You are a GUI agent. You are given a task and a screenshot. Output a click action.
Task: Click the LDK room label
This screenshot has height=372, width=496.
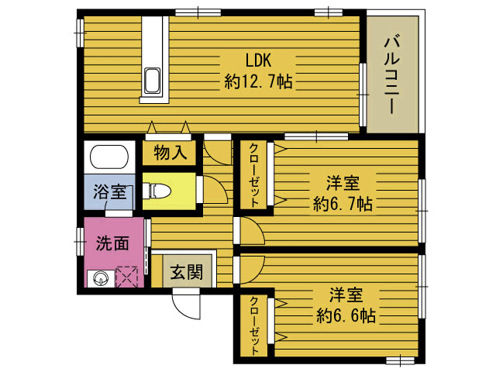[x=258, y=60]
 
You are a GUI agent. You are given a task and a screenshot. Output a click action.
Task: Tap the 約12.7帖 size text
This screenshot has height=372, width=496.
[x=258, y=81]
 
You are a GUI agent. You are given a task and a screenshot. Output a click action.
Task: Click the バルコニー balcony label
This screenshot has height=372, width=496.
[x=392, y=75]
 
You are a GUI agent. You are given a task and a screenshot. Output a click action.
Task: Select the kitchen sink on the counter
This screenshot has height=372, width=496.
[x=152, y=81]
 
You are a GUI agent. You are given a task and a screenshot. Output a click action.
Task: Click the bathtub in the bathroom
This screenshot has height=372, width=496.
[x=109, y=157]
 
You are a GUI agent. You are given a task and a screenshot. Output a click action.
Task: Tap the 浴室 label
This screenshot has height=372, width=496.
[x=110, y=191]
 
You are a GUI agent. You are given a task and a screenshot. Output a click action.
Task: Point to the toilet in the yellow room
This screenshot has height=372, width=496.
[x=157, y=191]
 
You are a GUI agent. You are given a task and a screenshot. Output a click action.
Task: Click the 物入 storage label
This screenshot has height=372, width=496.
[x=170, y=153]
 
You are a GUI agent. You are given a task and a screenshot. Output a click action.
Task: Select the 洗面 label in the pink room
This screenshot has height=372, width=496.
[x=112, y=243]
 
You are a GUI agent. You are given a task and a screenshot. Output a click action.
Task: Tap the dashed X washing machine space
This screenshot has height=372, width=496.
[x=127, y=277]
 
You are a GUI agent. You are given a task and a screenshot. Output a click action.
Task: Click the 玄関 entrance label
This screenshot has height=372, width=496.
[x=187, y=272]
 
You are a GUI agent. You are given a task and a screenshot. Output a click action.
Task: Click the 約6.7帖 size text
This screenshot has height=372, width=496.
[x=343, y=204]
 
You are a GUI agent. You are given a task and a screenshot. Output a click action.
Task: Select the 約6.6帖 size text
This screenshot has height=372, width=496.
[x=346, y=315]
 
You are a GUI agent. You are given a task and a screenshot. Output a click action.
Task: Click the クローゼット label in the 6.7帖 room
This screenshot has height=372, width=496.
[x=253, y=175]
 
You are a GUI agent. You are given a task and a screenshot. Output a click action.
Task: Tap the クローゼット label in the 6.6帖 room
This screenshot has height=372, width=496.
[x=254, y=326]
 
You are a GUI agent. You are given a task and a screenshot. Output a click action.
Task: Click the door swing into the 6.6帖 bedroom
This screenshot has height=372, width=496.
[x=252, y=270]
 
